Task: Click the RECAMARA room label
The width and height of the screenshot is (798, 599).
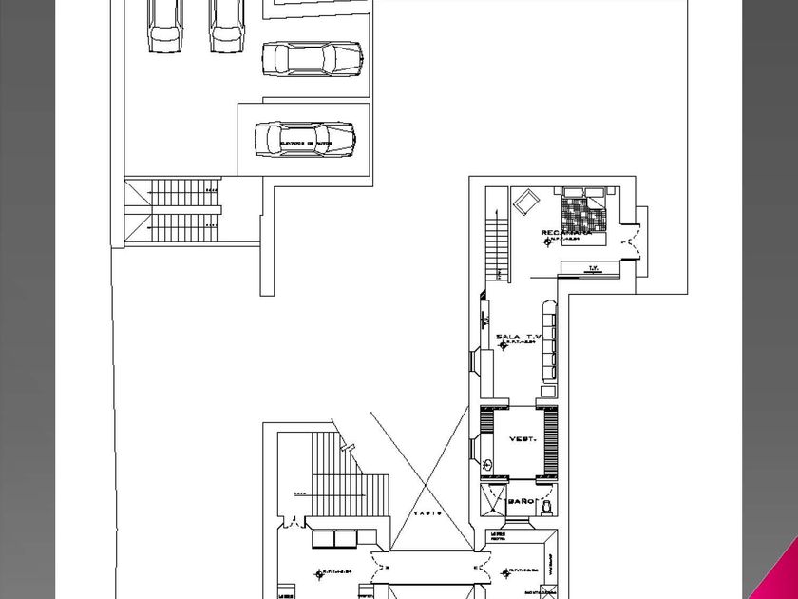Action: tap(566, 233)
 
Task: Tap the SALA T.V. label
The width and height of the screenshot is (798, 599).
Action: tap(518, 337)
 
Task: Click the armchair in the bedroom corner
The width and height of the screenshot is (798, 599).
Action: tap(525, 202)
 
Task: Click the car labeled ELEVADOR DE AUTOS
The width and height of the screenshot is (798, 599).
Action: tap(304, 139)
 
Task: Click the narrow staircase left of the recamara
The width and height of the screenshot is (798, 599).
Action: tap(496, 248)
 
